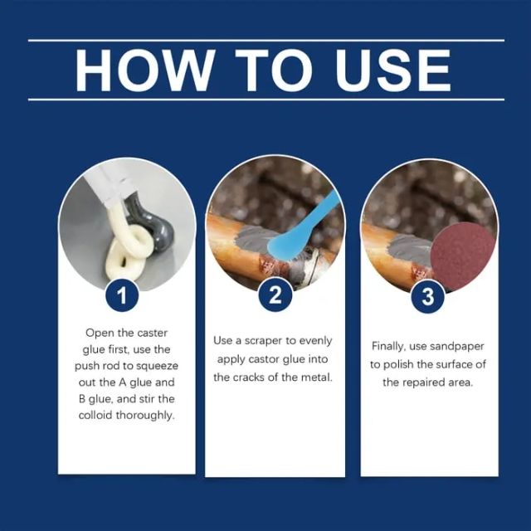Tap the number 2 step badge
pyautogui.click(x=275, y=295)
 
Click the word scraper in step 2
pyautogui.click(x=269, y=341)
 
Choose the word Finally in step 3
pyautogui.click(x=389, y=346)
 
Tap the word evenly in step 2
pyautogui.click(x=318, y=341)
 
